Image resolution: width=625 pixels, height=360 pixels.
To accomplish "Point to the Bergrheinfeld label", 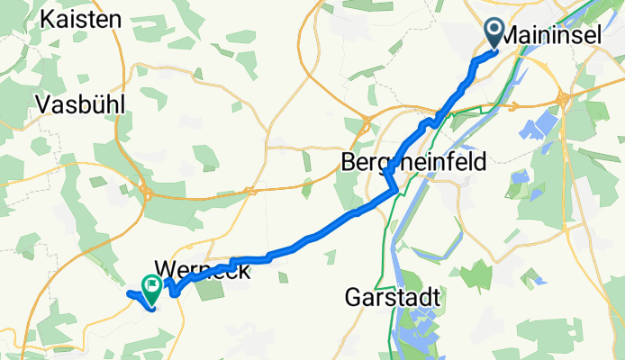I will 413,162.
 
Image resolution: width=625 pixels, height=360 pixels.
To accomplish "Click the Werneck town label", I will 201,268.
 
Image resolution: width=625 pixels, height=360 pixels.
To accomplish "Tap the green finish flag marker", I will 152,289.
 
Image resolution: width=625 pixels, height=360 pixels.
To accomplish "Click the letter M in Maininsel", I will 508,35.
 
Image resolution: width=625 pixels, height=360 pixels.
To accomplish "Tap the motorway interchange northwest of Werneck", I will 145,190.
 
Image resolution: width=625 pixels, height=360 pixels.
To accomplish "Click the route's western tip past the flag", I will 129,293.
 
